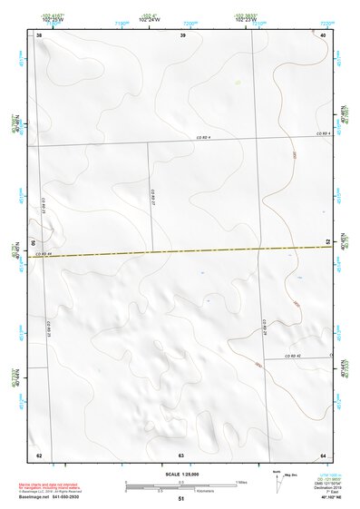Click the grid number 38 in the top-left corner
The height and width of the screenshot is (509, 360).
point(39,34)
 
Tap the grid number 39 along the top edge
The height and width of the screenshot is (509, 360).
point(182,34)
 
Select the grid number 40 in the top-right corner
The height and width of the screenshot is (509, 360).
point(324,34)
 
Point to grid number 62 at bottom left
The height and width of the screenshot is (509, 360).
point(39,455)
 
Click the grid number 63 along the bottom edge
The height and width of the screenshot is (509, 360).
point(181,455)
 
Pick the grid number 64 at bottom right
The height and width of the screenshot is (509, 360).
point(324,455)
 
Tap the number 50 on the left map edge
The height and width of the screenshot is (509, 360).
point(34,244)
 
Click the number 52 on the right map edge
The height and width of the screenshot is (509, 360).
point(328,242)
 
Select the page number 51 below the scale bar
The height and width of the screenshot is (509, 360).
point(181,499)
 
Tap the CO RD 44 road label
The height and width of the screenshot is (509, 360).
point(44,254)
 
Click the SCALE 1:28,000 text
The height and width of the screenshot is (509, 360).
point(180,475)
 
